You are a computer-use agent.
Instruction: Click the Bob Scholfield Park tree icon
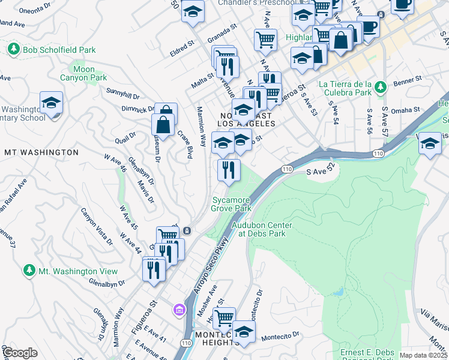(13, 49)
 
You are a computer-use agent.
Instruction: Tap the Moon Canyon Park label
(83, 74)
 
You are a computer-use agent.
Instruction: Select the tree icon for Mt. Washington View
(29, 271)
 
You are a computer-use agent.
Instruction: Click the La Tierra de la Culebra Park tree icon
(379, 89)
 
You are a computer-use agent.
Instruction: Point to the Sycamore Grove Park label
(230, 204)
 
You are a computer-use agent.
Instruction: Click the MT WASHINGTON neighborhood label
(41, 152)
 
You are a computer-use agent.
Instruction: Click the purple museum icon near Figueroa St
(179, 310)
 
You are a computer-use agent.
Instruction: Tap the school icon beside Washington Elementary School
(51, 102)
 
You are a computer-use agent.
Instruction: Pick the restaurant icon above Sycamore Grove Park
(229, 170)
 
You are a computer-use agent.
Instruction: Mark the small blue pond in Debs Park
(337, 293)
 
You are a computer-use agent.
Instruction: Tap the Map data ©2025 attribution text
(424, 355)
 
